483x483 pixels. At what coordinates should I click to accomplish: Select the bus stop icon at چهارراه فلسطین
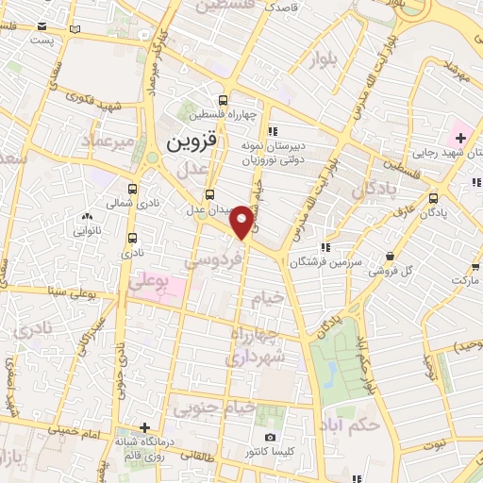tap(224, 101)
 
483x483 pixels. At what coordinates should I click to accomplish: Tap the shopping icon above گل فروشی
tap(391, 255)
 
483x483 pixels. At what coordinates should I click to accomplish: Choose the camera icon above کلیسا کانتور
tap(271, 438)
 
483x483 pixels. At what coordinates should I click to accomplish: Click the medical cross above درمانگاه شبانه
tap(144, 427)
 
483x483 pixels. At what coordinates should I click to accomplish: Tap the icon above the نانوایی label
tap(87, 216)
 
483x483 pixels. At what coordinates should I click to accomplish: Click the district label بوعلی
tap(146, 281)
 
